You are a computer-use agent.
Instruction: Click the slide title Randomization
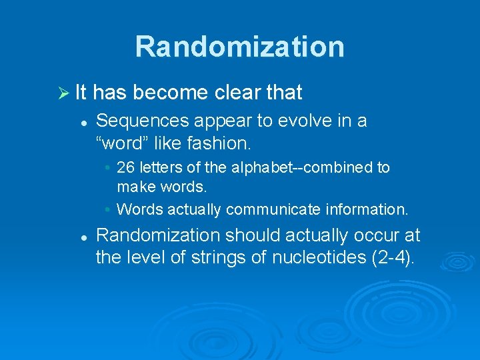point(240,47)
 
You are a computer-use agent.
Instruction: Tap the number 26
point(125,167)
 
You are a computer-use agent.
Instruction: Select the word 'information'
point(366,209)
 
